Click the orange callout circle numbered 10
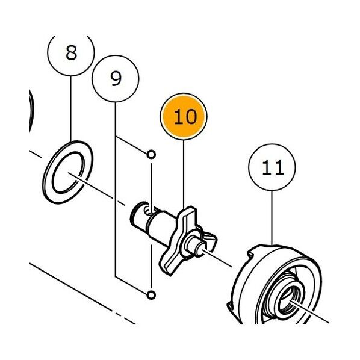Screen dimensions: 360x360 coord(184,116)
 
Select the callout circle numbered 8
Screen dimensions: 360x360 coord(71,53)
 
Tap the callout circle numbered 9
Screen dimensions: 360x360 coord(116,78)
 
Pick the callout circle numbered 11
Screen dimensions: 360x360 coord(272,167)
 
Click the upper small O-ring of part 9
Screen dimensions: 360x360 coord(151,154)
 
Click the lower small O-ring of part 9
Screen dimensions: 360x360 coord(151,294)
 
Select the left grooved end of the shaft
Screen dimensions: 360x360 coord(138,216)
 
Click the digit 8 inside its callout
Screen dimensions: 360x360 coord(71,53)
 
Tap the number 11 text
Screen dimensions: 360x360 coord(273,167)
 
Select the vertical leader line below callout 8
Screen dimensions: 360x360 coord(71,108)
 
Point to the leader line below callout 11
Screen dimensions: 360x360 coord(272,218)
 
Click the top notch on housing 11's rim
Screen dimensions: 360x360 coord(250,253)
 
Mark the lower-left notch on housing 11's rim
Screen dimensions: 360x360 coord(231,306)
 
